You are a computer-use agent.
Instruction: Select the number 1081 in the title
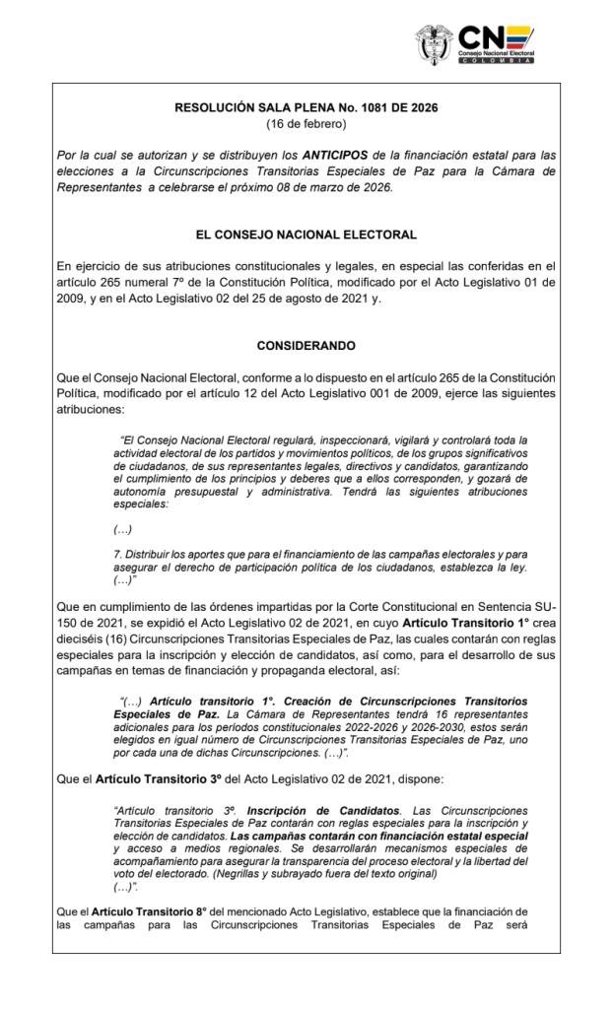click(367, 106)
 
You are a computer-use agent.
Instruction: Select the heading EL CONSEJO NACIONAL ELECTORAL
click(306, 235)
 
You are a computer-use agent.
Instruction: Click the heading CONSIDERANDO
click(306, 348)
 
